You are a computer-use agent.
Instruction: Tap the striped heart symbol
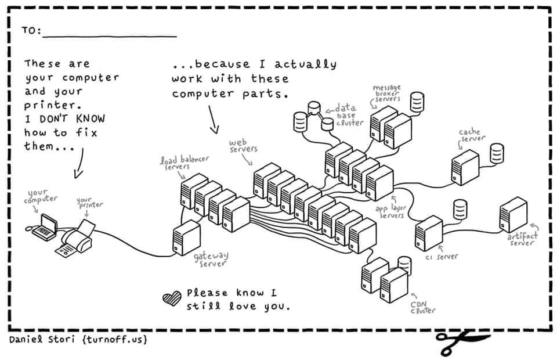172,298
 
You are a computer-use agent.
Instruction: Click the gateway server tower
187,237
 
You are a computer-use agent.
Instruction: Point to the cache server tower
465,167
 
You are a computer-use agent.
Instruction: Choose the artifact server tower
513,215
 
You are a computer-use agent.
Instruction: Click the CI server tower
429,233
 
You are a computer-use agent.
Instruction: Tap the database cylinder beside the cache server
497,153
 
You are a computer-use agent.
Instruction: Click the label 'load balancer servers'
184,162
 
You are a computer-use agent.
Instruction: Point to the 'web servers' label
244,146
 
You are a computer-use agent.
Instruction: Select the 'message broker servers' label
386,95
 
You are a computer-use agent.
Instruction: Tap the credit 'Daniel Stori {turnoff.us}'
78,339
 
